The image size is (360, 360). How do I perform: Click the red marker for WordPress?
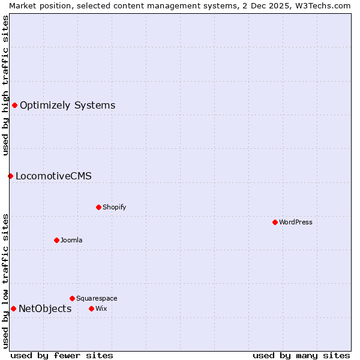tap(275, 222)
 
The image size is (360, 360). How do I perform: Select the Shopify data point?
tap(98, 207)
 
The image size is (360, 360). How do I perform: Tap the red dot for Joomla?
tap(56, 240)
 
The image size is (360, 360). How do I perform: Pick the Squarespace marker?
tap(72, 298)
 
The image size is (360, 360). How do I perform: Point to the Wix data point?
tap(91, 308)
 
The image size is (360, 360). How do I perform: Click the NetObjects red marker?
tap(13, 308)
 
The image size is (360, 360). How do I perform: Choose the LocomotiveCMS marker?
tap(10, 176)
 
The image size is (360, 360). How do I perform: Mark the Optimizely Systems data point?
tap(14, 105)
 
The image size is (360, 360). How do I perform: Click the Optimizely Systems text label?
tap(67, 106)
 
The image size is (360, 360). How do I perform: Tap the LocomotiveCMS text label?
tap(53, 176)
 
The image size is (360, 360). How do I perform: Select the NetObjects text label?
tap(45, 309)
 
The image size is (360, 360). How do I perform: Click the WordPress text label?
tap(296, 222)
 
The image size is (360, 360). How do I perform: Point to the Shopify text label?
tap(114, 207)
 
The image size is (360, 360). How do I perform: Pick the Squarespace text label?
tap(97, 298)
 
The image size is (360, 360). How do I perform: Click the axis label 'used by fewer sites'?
tap(62, 356)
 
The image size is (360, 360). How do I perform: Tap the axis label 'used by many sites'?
tap(301, 356)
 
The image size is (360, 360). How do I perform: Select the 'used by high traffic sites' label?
tap(5, 85)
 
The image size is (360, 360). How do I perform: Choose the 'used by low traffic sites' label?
tap(5, 281)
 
